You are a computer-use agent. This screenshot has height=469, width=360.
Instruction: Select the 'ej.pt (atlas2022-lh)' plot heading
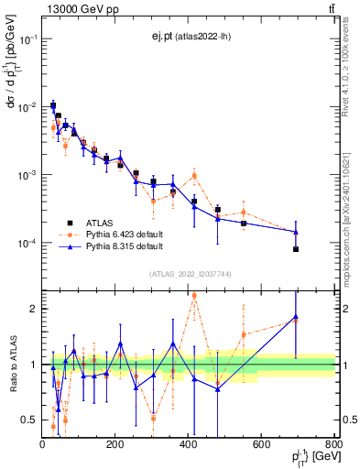coord(190,37)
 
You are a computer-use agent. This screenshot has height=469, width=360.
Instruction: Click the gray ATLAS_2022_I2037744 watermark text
coord(190,274)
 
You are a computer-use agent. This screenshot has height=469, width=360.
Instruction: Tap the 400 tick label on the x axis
coord(189,443)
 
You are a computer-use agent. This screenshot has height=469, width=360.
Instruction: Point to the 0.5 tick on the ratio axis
coord(29,420)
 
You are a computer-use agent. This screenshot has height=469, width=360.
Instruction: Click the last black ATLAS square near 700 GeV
coord(296,248)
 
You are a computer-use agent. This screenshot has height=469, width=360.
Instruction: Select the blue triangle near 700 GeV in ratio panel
coord(296,317)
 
